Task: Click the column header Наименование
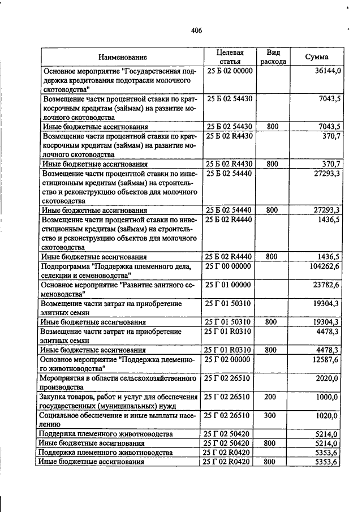pyautogui.click(x=123, y=57)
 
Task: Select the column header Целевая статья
pyautogui.click(x=230, y=57)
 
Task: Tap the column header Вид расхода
pyautogui.click(x=273, y=57)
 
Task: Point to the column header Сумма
pyautogui.click(x=317, y=57)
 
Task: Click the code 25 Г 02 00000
pyautogui.click(x=229, y=359)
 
